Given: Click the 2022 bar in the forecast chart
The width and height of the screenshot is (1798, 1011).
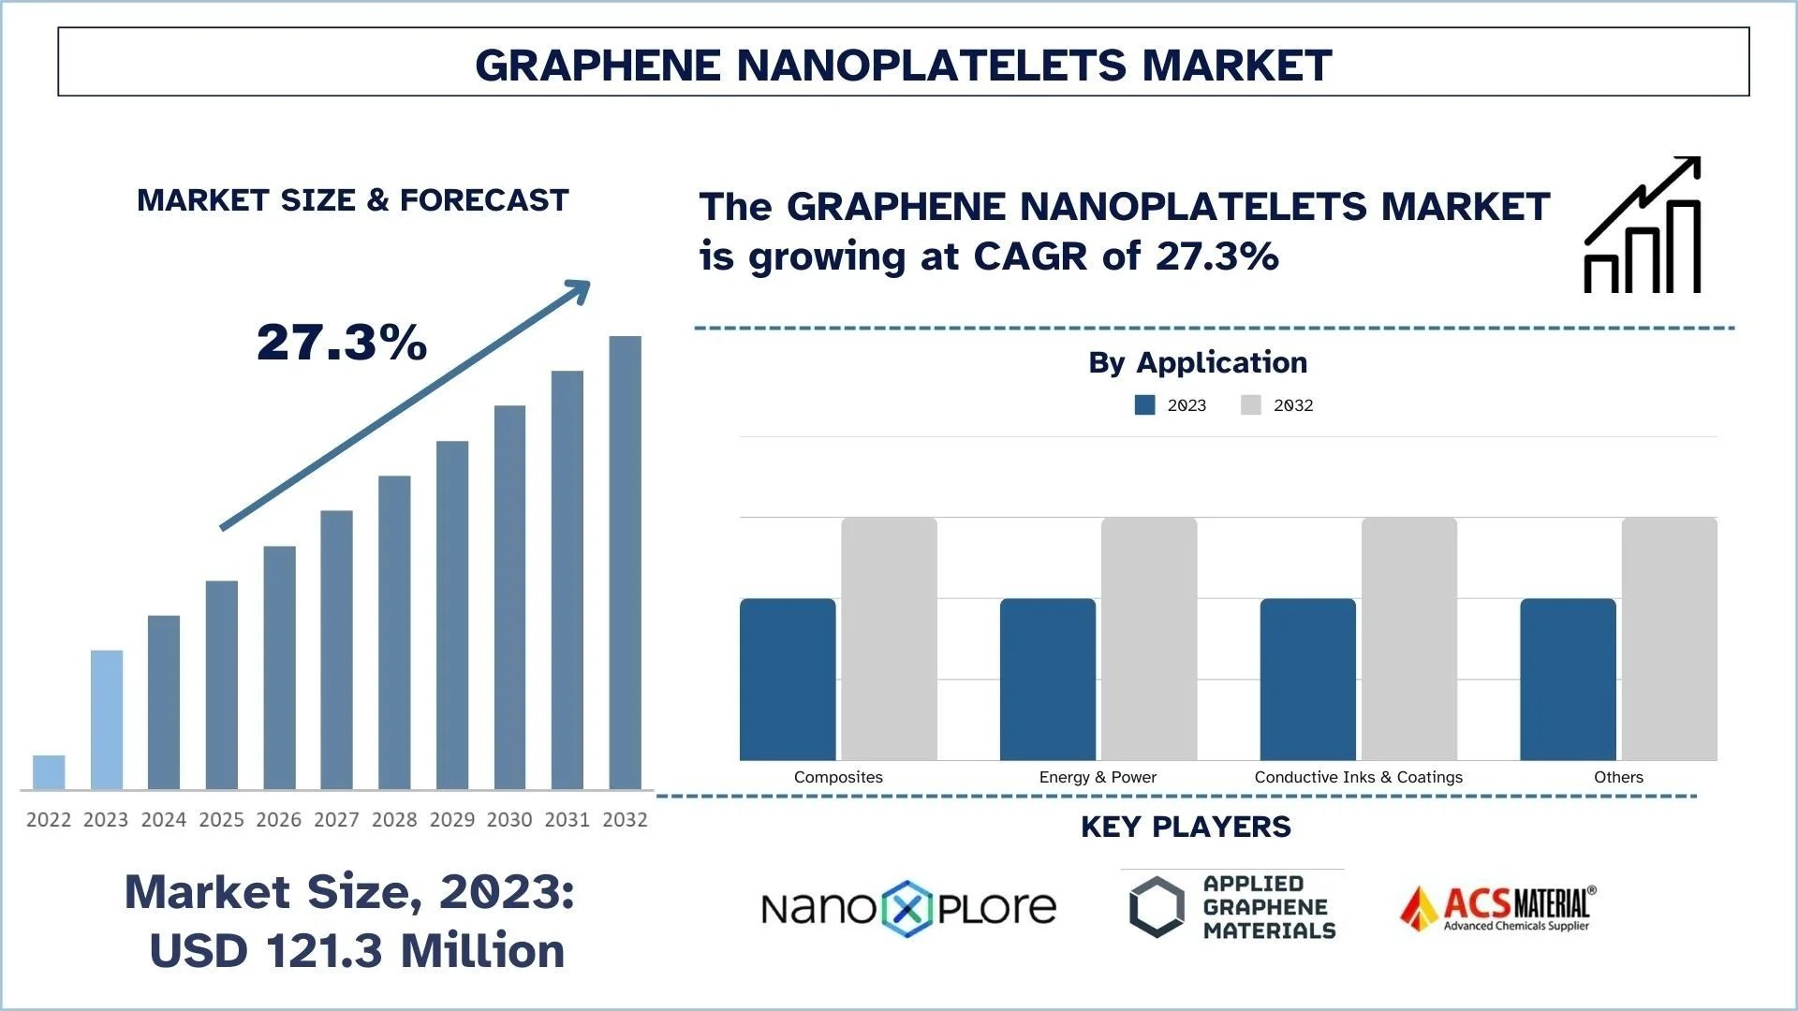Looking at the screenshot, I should pyautogui.click(x=49, y=772).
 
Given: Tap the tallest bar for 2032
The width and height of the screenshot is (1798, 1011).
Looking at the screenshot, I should pyautogui.click(x=625, y=562).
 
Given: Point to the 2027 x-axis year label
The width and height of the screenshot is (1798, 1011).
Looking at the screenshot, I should pyautogui.click(x=336, y=820).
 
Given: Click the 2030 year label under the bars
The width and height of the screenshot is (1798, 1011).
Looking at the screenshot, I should pyautogui.click(x=509, y=820).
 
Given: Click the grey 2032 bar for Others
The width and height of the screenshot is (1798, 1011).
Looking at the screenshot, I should pyautogui.click(x=1669, y=638).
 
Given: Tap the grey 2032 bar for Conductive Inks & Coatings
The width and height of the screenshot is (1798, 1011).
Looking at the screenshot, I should pyautogui.click(x=1409, y=638).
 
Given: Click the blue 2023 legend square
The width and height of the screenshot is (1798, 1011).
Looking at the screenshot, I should pyautogui.click(x=1144, y=404).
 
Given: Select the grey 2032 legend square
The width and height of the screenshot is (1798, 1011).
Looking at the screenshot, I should pyautogui.click(x=1250, y=404).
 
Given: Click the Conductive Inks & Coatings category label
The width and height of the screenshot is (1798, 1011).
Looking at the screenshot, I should pyautogui.click(x=1358, y=777).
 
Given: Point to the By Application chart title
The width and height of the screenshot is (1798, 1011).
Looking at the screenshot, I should pyautogui.click(x=1198, y=362).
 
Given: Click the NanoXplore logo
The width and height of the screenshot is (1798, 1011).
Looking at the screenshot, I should pyautogui.click(x=908, y=908).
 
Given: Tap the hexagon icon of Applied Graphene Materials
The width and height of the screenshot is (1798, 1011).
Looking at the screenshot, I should pyautogui.click(x=1157, y=906).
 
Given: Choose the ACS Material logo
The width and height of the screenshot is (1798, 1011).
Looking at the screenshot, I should pyautogui.click(x=1497, y=908).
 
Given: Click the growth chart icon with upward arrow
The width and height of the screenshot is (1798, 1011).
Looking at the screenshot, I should pyautogui.click(x=1642, y=226).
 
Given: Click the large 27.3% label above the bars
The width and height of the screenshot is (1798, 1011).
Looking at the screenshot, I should pyautogui.click(x=342, y=342).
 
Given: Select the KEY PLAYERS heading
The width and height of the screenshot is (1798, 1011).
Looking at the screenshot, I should pyautogui.click(x=1186, y=827).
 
